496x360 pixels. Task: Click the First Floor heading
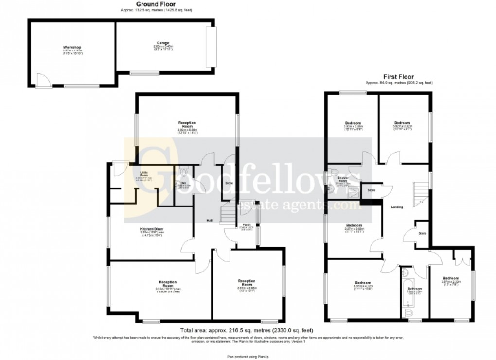[398, 77]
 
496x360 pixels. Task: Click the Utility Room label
[144, 173]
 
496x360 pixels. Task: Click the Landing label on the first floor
[397, 207]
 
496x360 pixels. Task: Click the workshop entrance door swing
[42, 80]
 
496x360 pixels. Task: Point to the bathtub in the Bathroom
[406, 289]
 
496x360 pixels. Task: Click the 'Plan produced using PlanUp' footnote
[248, 354]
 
